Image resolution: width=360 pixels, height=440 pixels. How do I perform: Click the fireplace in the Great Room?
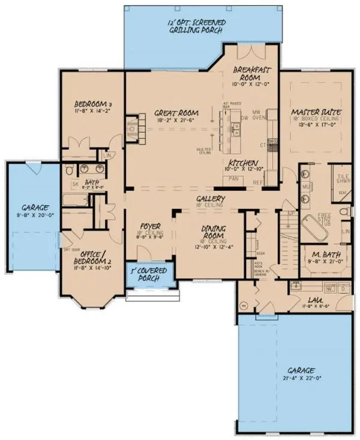pyautogui.click(x=131, y=126)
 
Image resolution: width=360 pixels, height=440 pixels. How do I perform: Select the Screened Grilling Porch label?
pyautogui.click(x=196, y=26)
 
